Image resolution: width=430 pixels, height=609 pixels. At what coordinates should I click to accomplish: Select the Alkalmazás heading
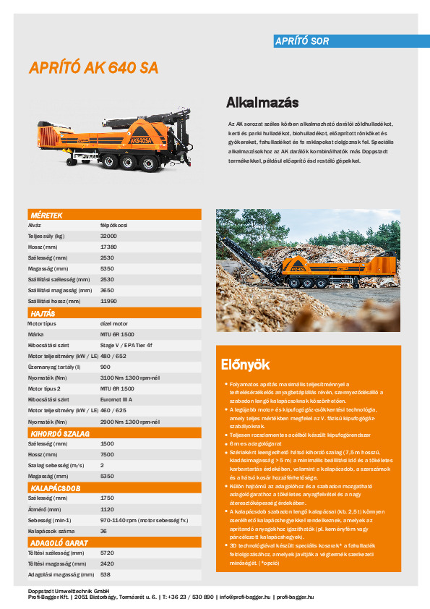[x=262, y=101]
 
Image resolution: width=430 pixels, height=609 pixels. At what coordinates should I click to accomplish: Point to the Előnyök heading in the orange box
[x=244, y=364]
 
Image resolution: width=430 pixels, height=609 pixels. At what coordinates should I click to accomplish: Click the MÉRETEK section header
[x=46, y=215]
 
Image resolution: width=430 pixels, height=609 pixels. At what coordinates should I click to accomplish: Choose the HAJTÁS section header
[x=43, y=314]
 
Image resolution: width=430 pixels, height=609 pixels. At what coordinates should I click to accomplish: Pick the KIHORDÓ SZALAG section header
[x=59, y=433]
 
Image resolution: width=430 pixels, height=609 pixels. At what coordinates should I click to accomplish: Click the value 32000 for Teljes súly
[x=108, y=237]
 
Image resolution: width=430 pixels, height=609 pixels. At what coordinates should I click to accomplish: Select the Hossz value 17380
[x=108, y=247]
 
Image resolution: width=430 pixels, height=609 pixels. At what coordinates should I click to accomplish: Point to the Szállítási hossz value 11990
[x=108, y=300]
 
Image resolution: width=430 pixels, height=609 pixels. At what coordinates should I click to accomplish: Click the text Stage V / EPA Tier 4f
[x=126, y=346]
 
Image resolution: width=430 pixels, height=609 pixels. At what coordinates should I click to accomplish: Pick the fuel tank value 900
[x=106, y=367]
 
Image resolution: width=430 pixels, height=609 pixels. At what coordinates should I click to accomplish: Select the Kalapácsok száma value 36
[x=104, y=531]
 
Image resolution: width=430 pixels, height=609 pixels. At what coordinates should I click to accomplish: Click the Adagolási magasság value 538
[x=106, y=574]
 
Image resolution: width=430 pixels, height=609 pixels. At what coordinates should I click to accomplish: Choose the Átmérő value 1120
[x=107, y=509]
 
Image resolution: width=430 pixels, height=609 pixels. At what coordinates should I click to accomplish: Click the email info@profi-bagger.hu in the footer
[x=245, y=597]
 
